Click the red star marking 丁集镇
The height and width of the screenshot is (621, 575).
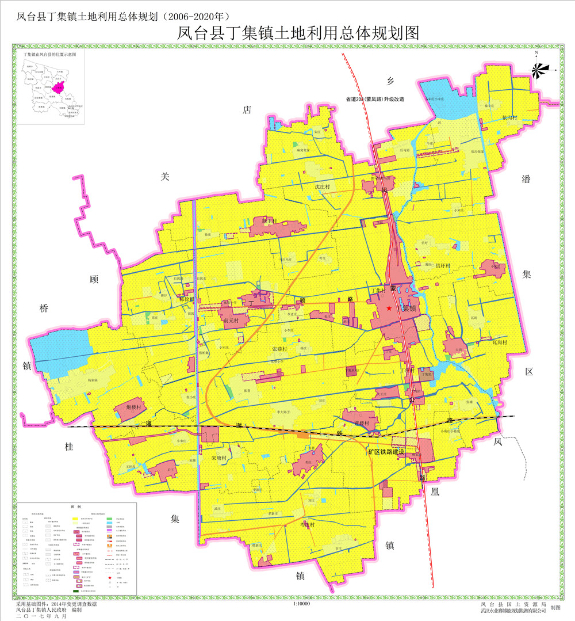390,308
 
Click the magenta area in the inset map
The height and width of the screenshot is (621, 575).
57,87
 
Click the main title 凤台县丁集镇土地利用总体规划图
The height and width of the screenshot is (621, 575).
296,33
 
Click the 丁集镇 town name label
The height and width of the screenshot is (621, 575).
409,308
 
